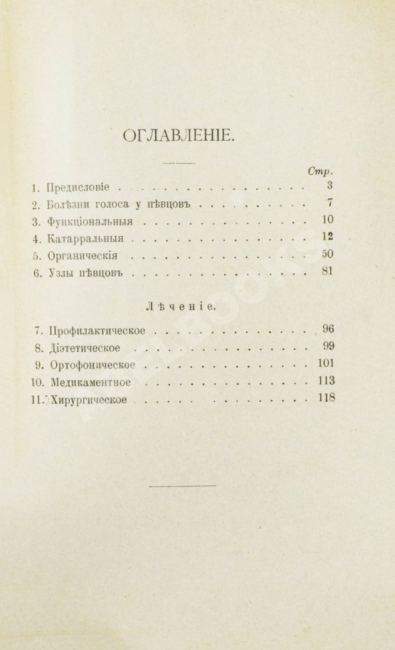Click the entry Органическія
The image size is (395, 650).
click(85, 255)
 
